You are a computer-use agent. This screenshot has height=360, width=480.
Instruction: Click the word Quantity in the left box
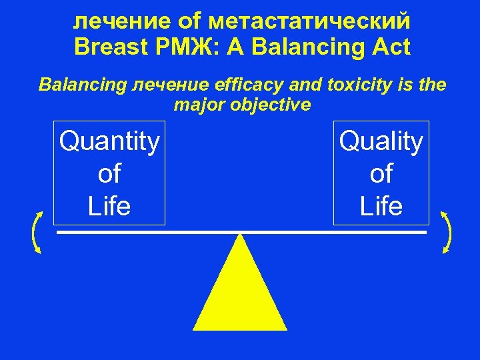pyautogui.click(x=109, y=142)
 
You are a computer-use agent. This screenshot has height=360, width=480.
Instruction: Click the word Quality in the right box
pyautogui.click(x=381, y=142)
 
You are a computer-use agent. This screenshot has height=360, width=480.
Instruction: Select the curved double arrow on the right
pyautogui.click(x=447, y=232)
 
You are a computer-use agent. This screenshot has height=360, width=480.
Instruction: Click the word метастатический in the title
pyautogui.click(x=309, y=21)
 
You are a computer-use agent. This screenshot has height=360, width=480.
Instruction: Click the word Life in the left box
pyautogui.click(x=109, y=206)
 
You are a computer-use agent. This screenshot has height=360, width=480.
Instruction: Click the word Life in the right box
pyautogui.click(x=381, y=206)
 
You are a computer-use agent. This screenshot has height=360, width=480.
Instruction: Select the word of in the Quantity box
pyautogui.click(x=109, y=174)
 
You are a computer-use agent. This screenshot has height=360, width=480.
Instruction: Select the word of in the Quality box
pyautogui.click(x=381, y=174)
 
